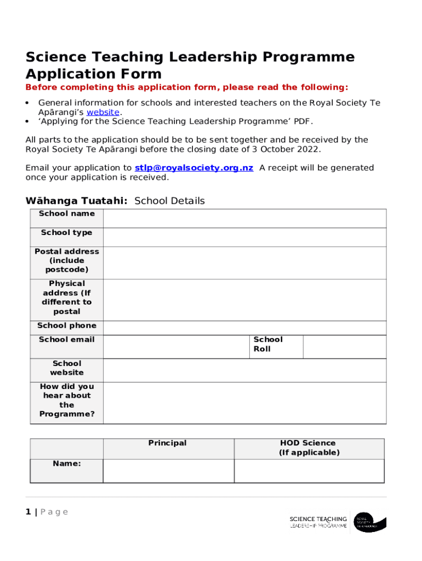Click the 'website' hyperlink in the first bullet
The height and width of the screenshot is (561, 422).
click(x=103, y=112)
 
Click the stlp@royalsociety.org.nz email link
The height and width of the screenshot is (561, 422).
click(x=193, y=168)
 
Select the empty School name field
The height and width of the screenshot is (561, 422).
click(x=244, y=218)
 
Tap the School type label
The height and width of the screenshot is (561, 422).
click(x=66, y=233)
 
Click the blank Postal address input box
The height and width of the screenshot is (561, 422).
click(x=244, y=262)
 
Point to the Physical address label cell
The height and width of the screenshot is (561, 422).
click(x=66, y=297)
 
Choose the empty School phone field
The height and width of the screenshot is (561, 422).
click(x=244, y=327)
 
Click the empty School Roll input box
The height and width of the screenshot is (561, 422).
click(x=344, y=346)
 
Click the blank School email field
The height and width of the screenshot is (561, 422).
click(x=176, y=346)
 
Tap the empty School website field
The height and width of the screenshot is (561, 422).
click(x=244, y=370)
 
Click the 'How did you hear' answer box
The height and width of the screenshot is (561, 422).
click(x=244, y=403)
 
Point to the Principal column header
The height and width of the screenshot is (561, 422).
click(x=168, y=443)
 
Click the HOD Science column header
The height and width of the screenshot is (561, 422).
click(x=309, y=448)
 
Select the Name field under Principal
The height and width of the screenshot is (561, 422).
click(x=168, y=471)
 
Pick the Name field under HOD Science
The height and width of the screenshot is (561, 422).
click(x=309, y=471)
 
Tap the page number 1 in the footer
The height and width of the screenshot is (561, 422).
click(x=28, y=512)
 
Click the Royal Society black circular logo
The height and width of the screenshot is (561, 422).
click(x=370, y=522)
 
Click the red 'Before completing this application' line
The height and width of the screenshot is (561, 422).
click(x=186, y=88)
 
